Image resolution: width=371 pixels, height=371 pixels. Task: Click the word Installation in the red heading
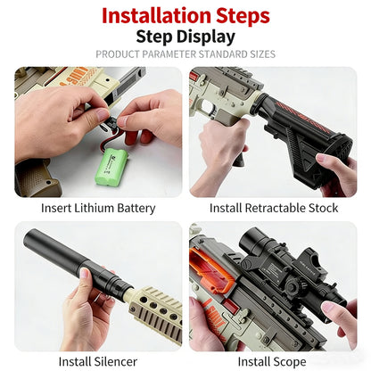(x=154, y=15)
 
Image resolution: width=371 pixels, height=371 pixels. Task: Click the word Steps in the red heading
(x=240, y=15)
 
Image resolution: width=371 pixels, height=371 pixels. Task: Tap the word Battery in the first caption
(x=138, y=208)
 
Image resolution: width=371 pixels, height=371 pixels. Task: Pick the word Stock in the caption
(x=322, y=208)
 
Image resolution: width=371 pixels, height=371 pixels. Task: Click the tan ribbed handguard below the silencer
(x=152, y=308)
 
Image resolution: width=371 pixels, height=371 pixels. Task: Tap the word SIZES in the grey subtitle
(x=258, y=54)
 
